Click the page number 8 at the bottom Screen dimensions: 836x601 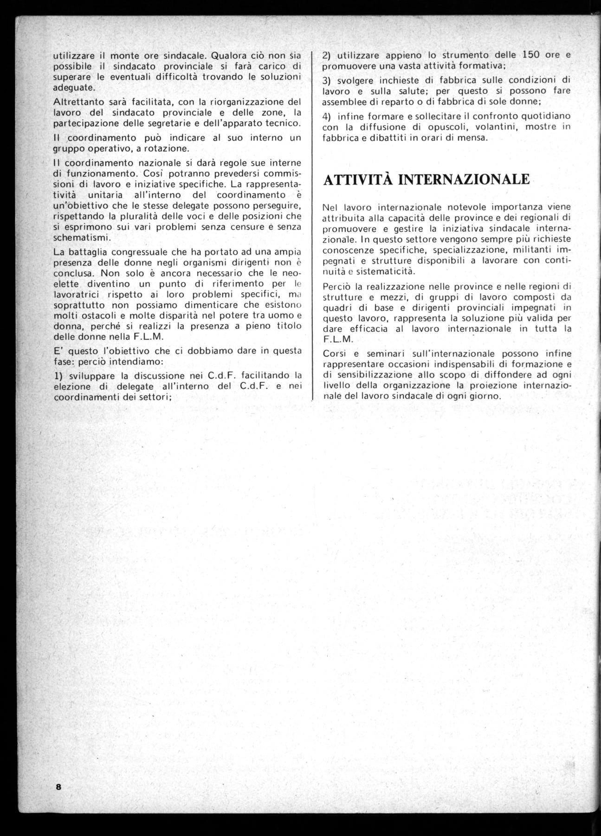(58, 787)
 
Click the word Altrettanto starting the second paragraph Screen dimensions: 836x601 (75, 102)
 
